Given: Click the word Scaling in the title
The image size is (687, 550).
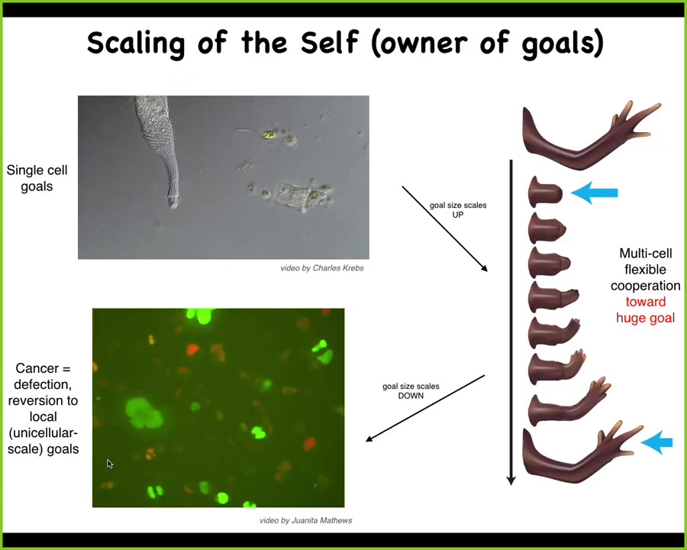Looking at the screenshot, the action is pos(136,43).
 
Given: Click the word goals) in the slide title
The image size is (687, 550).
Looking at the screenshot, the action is pos(563,44).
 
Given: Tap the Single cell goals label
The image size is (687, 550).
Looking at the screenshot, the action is pos(37,178).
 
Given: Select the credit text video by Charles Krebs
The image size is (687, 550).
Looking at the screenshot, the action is pos(322,268).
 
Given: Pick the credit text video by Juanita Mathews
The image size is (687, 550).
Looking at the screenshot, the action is pos(306,520).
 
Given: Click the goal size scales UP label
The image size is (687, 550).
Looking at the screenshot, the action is pos(458,209).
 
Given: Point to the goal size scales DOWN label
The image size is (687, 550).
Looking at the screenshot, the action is pos(411,391).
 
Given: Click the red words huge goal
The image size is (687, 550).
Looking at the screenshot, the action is pos(645,318).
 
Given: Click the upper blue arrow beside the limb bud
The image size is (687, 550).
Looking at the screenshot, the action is pos(595,192).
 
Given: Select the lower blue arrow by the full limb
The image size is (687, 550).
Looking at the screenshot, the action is pos(656,442).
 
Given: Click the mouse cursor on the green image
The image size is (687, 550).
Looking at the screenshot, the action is pos(109,464).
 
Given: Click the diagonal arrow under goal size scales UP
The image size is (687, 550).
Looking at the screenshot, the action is pos(445,229).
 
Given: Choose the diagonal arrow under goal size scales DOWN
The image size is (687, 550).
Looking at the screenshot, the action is pos(425,408).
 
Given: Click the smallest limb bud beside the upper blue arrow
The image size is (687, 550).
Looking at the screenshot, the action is pos(544,192).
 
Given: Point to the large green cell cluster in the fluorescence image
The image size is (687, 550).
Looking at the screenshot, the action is pos(144,412).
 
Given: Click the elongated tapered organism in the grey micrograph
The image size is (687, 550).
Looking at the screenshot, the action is pos(159,149).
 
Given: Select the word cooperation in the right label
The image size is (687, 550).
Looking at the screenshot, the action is pos(645,286).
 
